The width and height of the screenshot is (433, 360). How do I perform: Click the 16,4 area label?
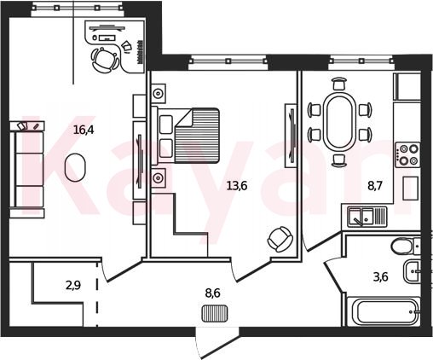[x=84, y=130]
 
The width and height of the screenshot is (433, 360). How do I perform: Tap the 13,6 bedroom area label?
[x=237, y=186]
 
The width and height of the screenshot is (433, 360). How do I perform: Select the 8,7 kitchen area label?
[x=375, y=187]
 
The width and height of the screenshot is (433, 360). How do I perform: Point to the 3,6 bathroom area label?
[x=381, y=276]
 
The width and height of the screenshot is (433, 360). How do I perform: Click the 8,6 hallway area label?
[x=213, y=293]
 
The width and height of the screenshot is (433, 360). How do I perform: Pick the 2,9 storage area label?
[x=73, y=285]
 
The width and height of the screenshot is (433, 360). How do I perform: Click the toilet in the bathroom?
[x=405, y=247]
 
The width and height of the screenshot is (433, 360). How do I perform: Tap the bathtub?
[x=384, y=311]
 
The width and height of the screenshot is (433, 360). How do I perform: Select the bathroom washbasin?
[x=412, y=270]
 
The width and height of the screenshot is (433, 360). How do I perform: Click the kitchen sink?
[x=367, y=217]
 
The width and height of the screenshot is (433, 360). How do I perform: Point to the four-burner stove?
[x=408, y=155]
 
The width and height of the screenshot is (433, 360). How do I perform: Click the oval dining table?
[x=339, y=123]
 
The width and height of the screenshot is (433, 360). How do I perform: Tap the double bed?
[x=186, y=136]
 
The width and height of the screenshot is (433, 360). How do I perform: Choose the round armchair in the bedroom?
[x=280, y=239]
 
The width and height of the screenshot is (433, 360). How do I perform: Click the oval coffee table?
[x=75, y=167]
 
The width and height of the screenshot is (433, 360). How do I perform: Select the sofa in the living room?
[x=27, y=170]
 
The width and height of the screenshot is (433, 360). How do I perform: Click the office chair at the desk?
[x=105, y=60]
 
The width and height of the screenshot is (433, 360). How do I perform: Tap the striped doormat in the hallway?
[x=215, y=314]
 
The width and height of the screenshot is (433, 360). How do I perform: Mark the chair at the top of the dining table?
[x=339, y=84]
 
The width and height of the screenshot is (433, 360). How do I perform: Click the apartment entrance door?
[x=217, y=344]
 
